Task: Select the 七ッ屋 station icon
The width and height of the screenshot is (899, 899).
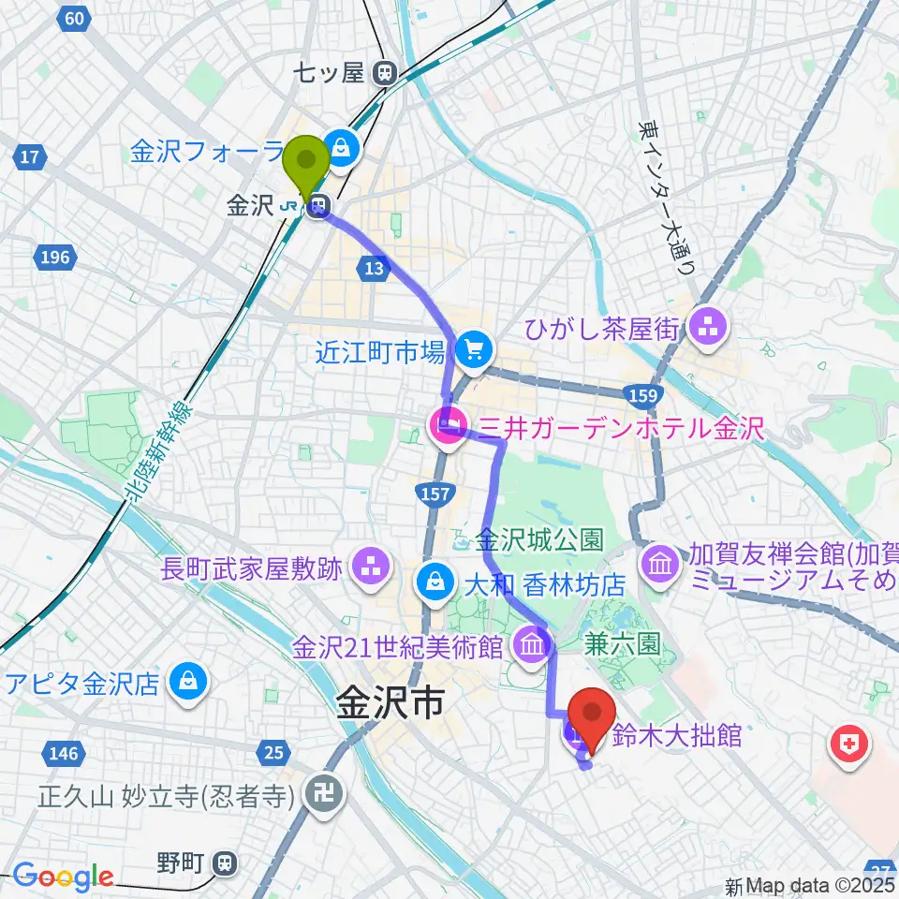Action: [x=383, y=72]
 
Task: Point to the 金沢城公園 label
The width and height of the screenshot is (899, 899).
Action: [x=538, y=540]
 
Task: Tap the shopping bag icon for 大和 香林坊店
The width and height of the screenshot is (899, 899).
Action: [x=435, y=583]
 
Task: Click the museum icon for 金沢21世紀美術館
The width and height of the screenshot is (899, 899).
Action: [x=531, y=646]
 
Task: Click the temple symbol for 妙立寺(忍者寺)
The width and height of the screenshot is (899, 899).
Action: [x=327, y=795]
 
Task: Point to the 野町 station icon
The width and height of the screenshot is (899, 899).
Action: [x=223, y=862]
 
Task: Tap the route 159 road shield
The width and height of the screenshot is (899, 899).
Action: [x=641, y=396]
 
